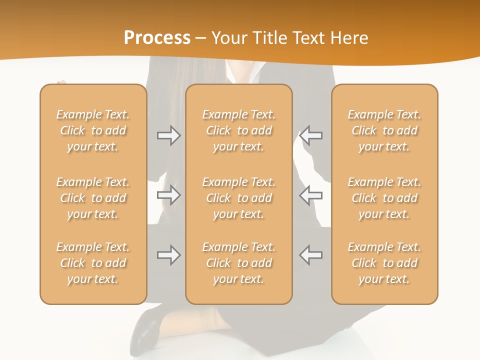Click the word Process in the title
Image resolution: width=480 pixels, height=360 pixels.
coord(157,38)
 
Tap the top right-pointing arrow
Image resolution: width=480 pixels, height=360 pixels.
coord(169,135)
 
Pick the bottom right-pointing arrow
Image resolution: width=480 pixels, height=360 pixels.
coord(169,255)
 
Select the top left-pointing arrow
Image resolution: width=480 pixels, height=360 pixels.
coord(310,135)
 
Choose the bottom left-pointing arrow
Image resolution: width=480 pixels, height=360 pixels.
coord(310,255)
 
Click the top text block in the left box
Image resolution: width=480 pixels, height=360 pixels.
coord(93,130)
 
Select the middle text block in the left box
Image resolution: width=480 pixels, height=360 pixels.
coord(93,198)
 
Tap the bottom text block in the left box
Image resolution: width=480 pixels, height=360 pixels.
coord(93,263)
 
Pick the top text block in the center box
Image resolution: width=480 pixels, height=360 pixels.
coord(238,130)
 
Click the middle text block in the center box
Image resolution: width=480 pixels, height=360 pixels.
coord(238,198)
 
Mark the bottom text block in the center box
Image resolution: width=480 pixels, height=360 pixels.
coord(238,263)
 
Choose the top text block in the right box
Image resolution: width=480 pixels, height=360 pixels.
coord(384,130)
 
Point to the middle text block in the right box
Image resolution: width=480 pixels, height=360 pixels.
coord(384,198)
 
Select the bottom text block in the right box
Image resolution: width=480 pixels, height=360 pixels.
coord(384,263)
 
